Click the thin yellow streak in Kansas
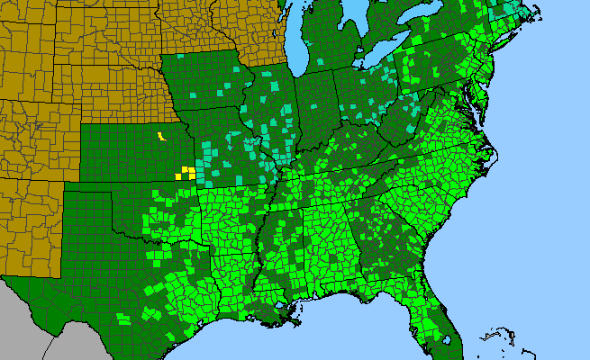pyautogui.click(x=161, y=138)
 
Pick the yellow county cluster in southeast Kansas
pyautogui.click(x=187, y=171)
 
